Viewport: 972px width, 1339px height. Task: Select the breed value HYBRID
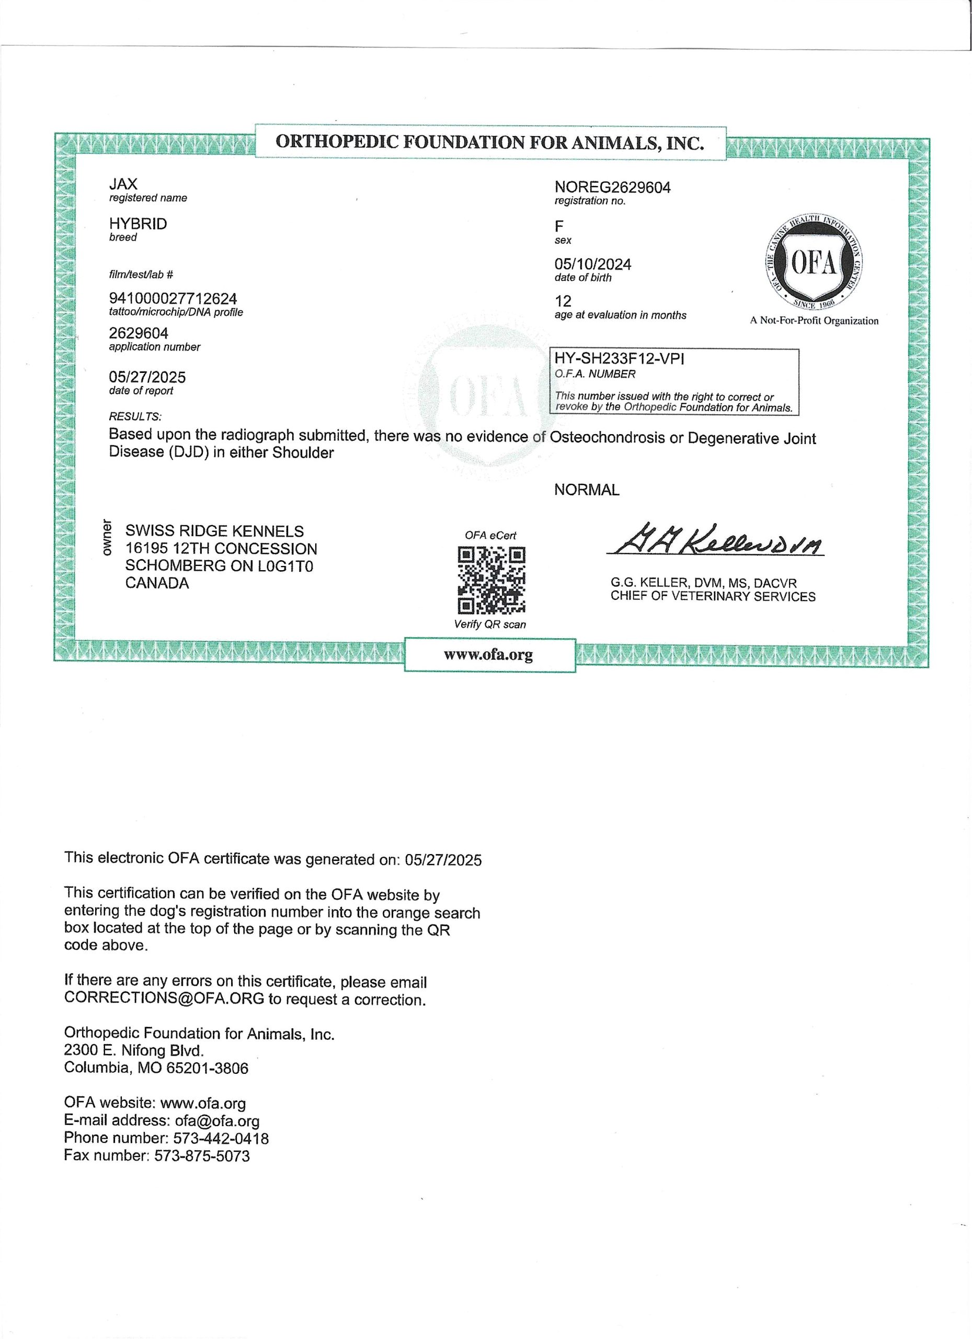point(138,224)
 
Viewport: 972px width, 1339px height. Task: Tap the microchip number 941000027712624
point(173,299)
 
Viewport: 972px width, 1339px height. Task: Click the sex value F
point(559,226)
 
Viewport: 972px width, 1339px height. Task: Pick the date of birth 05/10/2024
point(592,264)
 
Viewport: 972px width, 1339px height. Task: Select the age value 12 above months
point(563,301)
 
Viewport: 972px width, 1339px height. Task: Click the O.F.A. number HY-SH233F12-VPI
point(619,358)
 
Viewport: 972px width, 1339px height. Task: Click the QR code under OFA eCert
point(491,581)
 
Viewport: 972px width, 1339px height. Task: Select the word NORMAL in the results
point(587,490)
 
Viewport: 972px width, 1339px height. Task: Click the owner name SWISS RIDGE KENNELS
point(214,531)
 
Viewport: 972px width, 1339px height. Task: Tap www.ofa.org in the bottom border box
point(489,655)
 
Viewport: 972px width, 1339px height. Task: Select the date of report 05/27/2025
point(147,377)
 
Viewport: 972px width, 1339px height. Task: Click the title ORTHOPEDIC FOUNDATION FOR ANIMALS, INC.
point(490,142)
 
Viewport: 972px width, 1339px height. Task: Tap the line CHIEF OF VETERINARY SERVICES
point(712,596)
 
